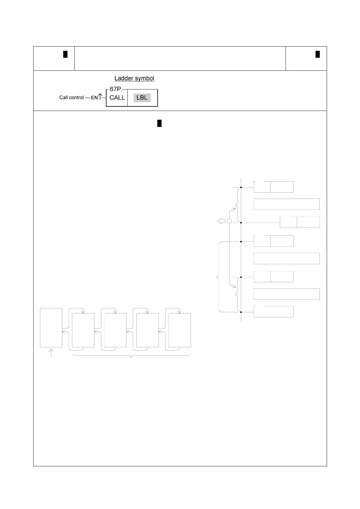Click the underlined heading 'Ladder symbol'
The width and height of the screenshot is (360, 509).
click(x=134, y=78)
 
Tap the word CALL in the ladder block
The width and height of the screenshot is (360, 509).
click(x=117, y=98)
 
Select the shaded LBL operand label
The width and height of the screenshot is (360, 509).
click(x=142, y=98)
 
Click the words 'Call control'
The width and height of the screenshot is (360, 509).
click(x=71, y=98)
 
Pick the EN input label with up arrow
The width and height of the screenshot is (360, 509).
click(x=96, y=97)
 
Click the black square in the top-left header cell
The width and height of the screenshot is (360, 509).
click(x=65, y=54)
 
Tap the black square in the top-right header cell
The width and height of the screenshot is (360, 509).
click(x=318, y=54)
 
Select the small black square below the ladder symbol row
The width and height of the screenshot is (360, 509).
click(x=159, y=124)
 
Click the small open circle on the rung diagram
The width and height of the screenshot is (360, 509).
click(x=229, y=221)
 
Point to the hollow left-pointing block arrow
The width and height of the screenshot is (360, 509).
click(x=221, y=221)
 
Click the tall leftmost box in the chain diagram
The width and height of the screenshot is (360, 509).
click(x=51, y=328)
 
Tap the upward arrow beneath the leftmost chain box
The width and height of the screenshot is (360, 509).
click(x=51, y=353)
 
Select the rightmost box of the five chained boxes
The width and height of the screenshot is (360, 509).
click(x=180, y=330)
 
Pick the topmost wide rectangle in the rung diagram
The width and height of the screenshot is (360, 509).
click(x=286, y=204)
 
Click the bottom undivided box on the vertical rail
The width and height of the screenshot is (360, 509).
click(x=273, y=312)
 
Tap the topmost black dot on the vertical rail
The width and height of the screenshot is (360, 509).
click(x=241, y=187)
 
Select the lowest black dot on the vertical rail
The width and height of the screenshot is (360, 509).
click(x=241, y=312)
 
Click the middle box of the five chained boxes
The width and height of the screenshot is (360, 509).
click(x=115, y=330)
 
